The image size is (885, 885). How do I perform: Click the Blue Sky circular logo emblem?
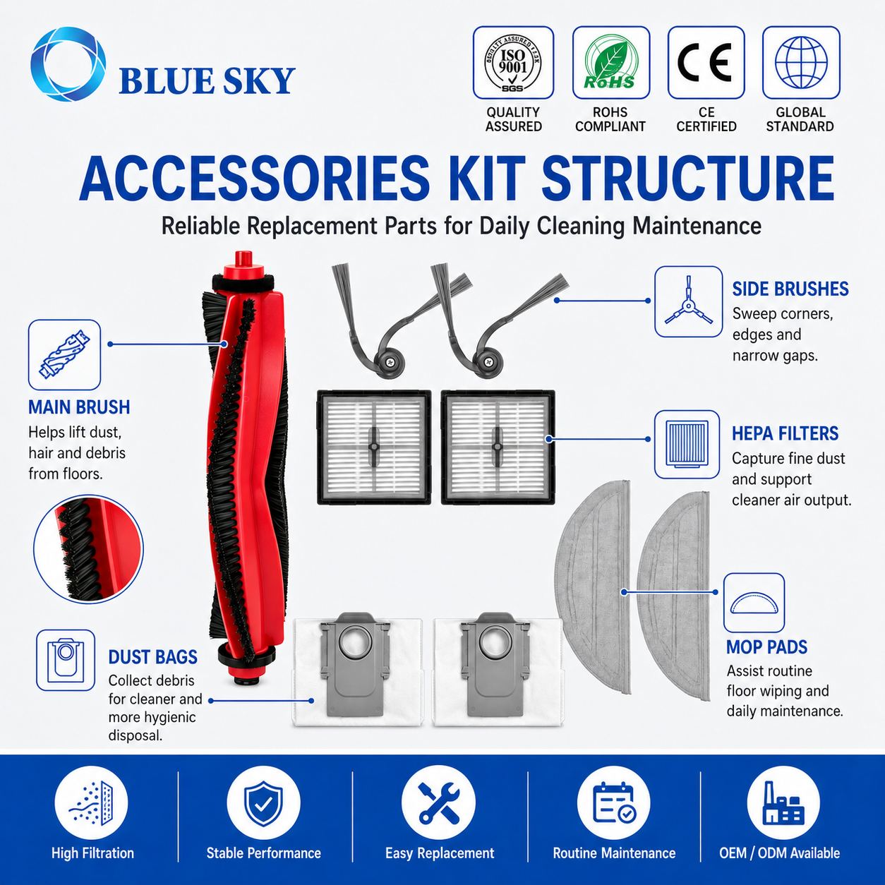(68, 64)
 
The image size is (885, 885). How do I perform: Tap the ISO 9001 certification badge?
(513, 63)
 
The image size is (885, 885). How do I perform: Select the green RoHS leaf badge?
(611, 63)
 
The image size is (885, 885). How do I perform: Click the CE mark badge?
(706, 63)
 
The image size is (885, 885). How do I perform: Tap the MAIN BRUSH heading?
(79, 407)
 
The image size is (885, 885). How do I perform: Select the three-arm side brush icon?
(688, 302)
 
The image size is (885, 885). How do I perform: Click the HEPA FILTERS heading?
(785, 433)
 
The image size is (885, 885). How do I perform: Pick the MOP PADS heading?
(766, 647)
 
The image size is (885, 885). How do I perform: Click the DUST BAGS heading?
(153, 657)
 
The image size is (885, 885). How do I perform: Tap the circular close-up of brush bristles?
(88, 549)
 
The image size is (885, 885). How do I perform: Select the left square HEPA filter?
(374, 447)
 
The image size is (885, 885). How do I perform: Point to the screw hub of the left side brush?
(389, 362)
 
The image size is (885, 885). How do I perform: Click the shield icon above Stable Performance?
(263, 803)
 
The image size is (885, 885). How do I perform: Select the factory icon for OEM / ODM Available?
(783, 803)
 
